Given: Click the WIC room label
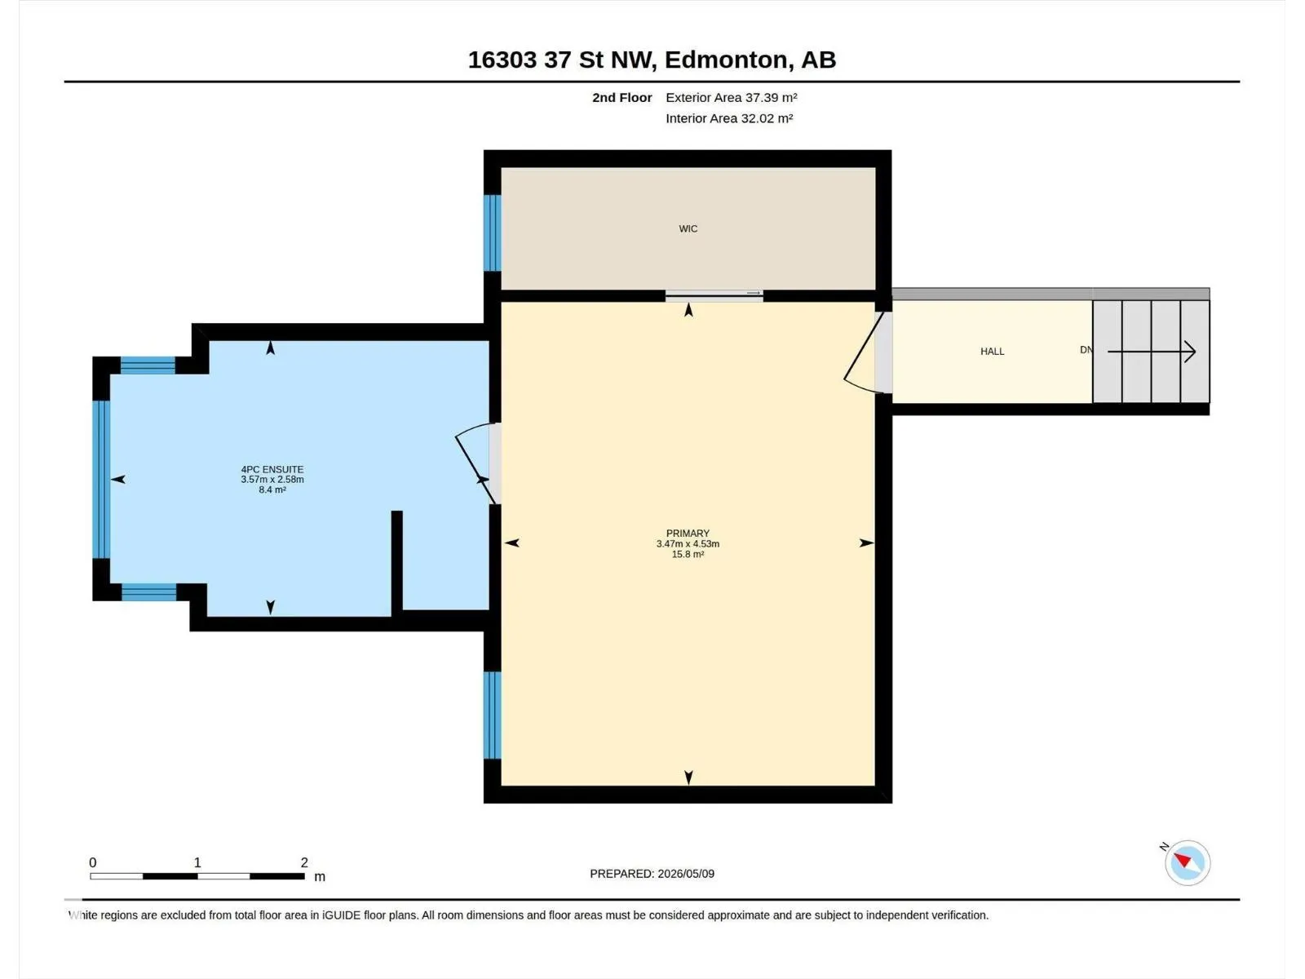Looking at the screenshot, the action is [688, 229].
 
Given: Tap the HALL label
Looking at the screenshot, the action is [992, 352].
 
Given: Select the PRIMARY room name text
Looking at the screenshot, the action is [688, 534].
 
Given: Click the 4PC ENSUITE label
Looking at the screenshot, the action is [272, 469].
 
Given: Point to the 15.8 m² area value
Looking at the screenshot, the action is [688, 554].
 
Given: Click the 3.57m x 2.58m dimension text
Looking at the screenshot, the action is [272, 479].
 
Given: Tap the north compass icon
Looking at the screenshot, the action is [1187, 862].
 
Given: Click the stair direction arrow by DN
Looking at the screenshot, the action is [1151, 352].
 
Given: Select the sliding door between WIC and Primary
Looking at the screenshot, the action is [714, 295].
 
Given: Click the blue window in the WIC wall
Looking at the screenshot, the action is [493, 233].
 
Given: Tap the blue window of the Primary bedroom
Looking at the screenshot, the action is [493, 715].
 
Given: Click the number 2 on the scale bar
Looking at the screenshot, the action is [303, 862].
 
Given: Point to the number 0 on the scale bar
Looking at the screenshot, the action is [93, 862].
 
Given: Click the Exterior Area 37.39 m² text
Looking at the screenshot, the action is [732, 97].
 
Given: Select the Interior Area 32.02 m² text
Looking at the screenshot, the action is [729, 118].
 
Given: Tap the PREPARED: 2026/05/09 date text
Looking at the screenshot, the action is [652, 874].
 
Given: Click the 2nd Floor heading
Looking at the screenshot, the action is [622, 97].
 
